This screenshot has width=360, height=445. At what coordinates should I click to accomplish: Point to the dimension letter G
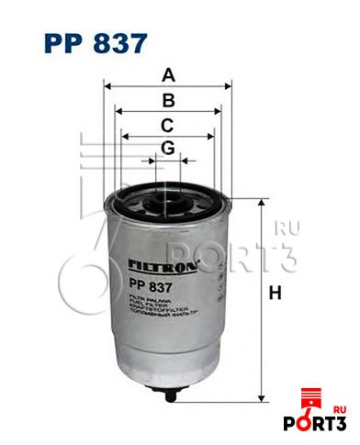click(x=167, y=148)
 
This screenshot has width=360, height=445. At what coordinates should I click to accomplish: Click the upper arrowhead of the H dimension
click(x=262, y=199)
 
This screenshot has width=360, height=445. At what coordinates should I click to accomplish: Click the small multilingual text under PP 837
click(x=147, y=307)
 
